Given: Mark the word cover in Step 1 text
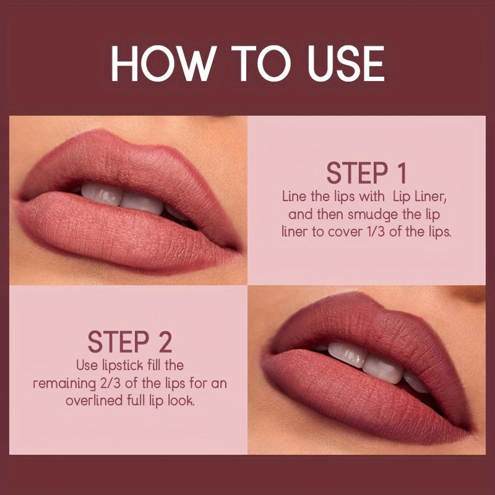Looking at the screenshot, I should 347,234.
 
